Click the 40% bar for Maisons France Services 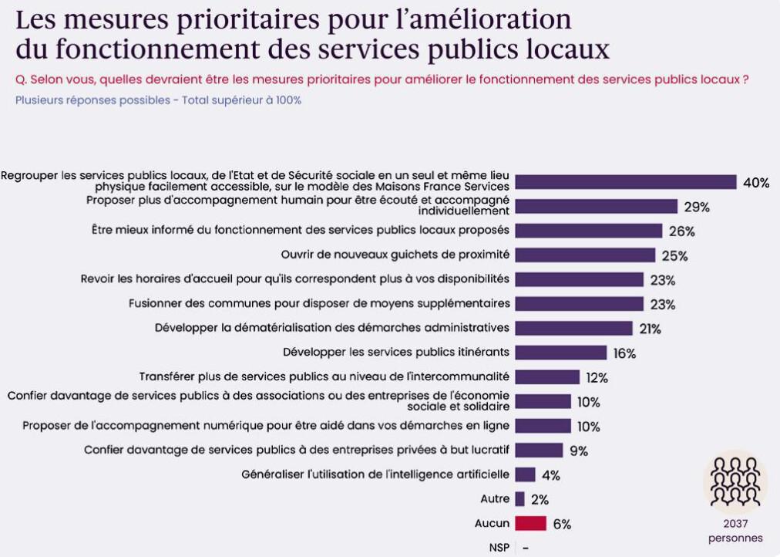(x=625, y=182)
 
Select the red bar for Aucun (x=530, y=523)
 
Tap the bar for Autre (x=519, y=498)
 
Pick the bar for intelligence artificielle (x=525, y=474)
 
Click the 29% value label (x=696, y=207)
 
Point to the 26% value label (x=681, y=231)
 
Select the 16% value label (x=624, y=353)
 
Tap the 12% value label (x=597, y=377)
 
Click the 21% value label (x=649, y=329)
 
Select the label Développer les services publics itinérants (x=396, y=352)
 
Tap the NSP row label (x=499, y=547)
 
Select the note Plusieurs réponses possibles (x=158, y=100)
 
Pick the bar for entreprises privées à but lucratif (x=539, y=450)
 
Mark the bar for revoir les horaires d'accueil (x=579, y=279)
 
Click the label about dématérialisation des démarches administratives (x=332, y=327)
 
